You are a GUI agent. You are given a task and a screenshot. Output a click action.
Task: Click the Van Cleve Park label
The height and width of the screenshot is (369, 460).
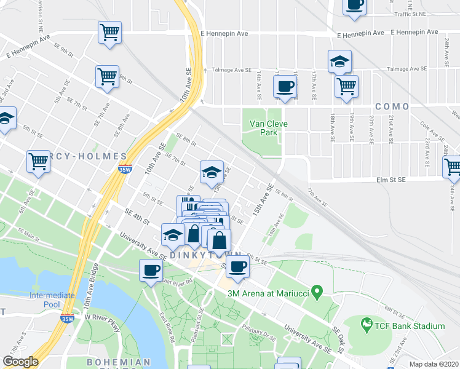[x=269, y=128]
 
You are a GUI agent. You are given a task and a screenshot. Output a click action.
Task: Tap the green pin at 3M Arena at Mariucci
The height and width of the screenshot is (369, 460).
[x=317, y=290]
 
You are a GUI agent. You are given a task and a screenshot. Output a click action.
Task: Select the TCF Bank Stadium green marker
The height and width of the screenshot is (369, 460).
[x=367, y=323]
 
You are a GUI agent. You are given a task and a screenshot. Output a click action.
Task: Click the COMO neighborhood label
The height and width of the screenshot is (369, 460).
[x=392, y=106]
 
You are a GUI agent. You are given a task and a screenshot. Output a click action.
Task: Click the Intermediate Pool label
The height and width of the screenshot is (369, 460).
[x=52, y=300]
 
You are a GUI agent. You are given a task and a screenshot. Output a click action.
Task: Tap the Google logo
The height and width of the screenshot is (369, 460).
[x=20, y=362]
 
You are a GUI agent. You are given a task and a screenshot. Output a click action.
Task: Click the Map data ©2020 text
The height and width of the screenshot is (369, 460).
[x=434, y=364]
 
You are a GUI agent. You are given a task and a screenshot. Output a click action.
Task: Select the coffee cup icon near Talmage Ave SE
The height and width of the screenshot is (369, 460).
[x=285, y=87]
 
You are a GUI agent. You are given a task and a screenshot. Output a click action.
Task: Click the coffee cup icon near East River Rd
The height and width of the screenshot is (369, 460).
[x=151, y=269]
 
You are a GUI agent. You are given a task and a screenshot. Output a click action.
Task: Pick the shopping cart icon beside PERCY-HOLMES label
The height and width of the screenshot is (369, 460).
[x=38, y=161]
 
